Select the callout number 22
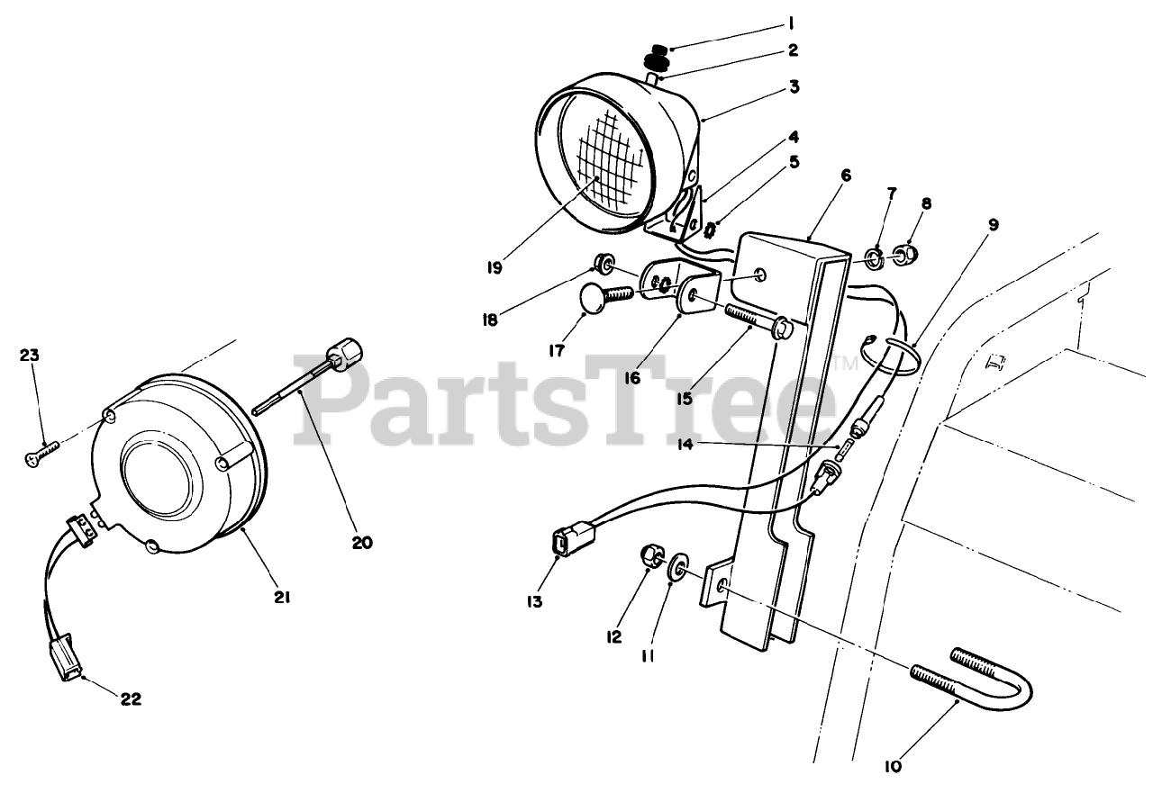pyautogui.click(x=132, y=699)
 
